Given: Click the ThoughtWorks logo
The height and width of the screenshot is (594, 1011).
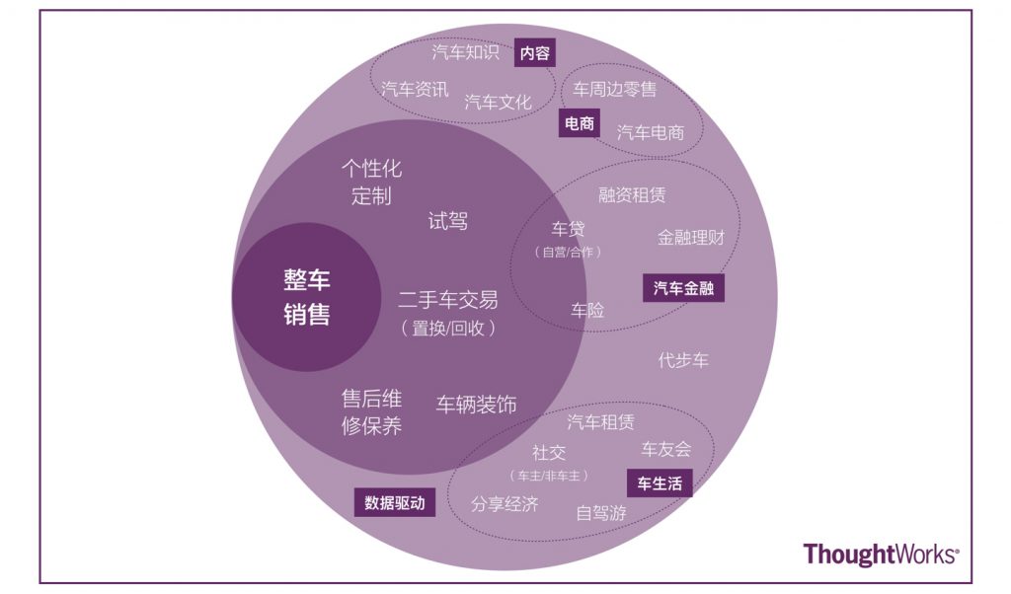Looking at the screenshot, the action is pyautogui.click(x=881, y=555).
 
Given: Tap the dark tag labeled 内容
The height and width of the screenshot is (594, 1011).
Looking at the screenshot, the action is pyautogui.click(x=535, y=53).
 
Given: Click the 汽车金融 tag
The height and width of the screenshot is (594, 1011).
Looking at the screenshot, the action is pyautogui.click(x=683, y=288).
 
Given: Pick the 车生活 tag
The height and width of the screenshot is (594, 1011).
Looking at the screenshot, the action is pyautogui.click(x=659, y=483).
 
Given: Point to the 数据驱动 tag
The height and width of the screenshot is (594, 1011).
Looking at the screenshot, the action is pyautogui.click(x=394, y=502).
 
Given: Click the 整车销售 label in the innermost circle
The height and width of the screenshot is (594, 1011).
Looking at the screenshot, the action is pyautogui.click(x=307, y=297).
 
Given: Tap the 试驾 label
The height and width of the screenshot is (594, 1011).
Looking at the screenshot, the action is pyautogui.click(x=447, y=221).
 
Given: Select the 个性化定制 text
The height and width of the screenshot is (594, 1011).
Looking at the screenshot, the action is pyautogui.click(x=371, y=182).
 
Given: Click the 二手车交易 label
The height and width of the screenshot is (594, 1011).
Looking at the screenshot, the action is pyautogui.click(x=447, y=300).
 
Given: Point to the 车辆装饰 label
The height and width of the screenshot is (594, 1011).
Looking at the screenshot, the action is pyautogui.click(x=476, y=405).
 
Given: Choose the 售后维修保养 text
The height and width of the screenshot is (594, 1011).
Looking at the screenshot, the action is pyautogui.click(x=371, y=412).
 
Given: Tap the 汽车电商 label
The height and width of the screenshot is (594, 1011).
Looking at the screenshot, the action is pyautogui.click(x=651, y=131).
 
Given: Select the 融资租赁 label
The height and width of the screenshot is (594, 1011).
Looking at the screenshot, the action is pyautogui.click(x=632, y=195).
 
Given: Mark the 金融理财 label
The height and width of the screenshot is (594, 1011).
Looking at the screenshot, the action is pyautogui.click(x=691, y=237).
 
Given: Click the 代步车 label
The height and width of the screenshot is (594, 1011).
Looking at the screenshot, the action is pyautogui.click(x=683, y=360).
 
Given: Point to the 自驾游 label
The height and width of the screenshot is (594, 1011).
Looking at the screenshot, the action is pyautogui.click(x=601, y=512).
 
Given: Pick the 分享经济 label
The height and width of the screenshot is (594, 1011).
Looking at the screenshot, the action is pyautogui.click(x=505, y=504).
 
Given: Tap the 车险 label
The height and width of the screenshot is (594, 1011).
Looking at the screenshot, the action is pyautogui.click(x=587, y=310).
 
